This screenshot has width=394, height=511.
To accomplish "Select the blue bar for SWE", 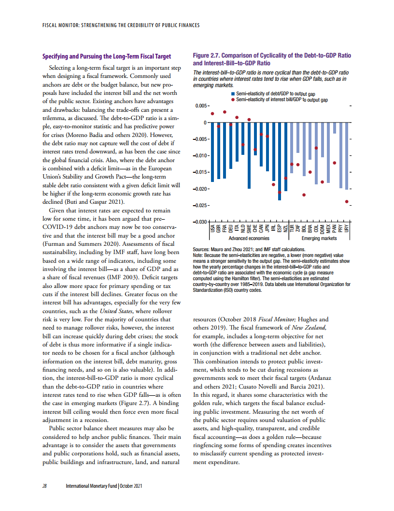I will click(249, 155).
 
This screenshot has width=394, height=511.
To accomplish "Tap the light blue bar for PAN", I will click(335, 128).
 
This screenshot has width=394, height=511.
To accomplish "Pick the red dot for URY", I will click(347, 201).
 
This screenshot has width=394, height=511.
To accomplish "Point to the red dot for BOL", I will click(304, 195).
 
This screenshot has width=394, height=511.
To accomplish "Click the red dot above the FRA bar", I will click(225, 112).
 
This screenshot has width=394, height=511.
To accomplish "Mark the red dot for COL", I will click(316, 148).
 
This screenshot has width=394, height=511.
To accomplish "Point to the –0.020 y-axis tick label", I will click(201, 189).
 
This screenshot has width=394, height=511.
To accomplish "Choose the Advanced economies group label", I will click(249, 238).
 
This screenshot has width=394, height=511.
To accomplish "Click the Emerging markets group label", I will click(319, 238).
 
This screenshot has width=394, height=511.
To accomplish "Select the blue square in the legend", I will click(233, 94).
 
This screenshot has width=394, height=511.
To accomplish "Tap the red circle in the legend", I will click(233, 99).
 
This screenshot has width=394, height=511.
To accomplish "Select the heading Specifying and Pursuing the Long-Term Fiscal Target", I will click(107, 56).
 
